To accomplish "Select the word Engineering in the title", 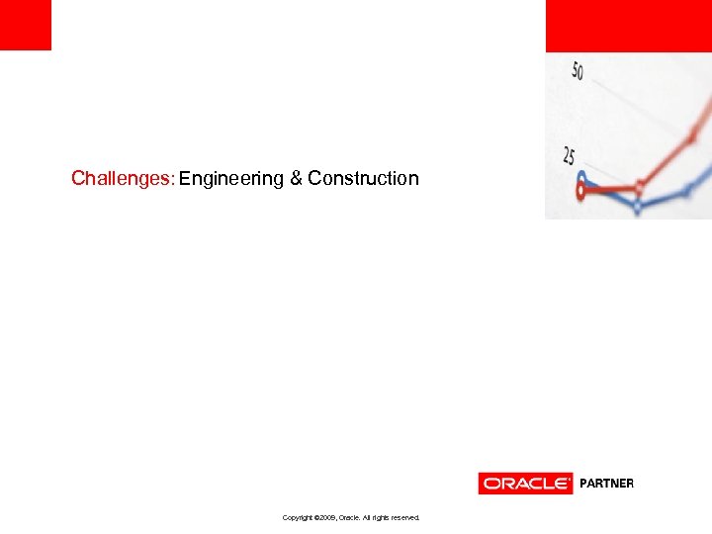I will [231, 179].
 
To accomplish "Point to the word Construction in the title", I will [363, 179].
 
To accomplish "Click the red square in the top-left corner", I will [25, 25].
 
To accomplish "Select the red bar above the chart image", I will [628, 26].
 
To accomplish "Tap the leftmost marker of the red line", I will [581, 192].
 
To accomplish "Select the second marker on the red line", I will [640, 186].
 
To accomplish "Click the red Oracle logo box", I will [525, 484].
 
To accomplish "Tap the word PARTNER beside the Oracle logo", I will [606, 484].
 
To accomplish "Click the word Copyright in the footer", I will [298, 517].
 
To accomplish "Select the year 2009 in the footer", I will [327, 517].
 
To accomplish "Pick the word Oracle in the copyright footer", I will [349, 517].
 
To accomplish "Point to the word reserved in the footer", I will [403, 517].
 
